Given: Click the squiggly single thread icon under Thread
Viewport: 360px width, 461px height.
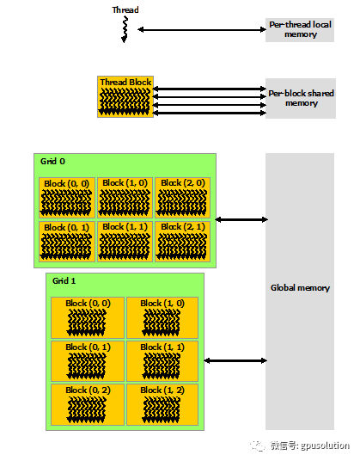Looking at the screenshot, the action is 125,29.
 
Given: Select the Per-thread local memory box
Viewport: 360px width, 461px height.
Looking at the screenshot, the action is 300,30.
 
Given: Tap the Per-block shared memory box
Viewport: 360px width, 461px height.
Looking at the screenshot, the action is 301,98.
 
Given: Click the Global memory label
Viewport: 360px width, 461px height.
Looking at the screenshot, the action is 300,287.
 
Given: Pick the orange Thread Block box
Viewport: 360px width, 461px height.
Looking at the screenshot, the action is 125,96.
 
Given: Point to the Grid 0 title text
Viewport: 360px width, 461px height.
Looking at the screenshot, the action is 53,161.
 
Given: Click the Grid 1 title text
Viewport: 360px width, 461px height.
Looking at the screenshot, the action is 64,280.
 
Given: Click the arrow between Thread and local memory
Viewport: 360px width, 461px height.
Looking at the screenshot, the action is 202,29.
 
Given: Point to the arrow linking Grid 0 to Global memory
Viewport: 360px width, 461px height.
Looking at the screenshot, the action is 241,219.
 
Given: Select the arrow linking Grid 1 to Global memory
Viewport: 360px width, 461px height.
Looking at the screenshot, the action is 235,360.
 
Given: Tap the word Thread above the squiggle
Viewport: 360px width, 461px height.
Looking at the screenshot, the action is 125,9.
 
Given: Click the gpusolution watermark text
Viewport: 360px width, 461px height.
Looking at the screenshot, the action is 325,446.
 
